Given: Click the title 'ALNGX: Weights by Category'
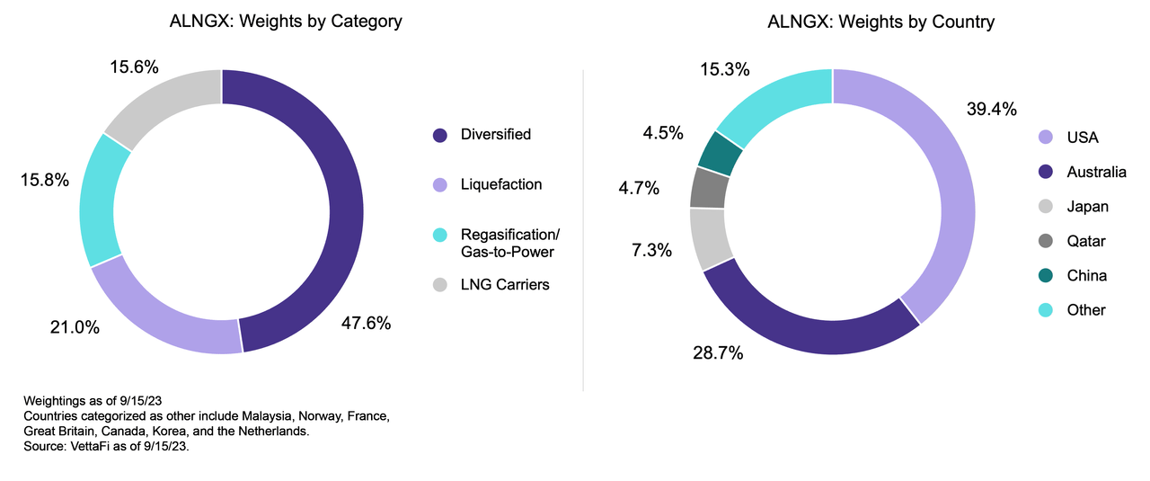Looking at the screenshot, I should tap(286, 22).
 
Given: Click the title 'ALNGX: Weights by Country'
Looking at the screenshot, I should tap(880, 22).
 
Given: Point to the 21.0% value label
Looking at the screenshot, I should tap(74, 327).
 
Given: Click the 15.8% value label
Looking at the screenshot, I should tap(45, 180).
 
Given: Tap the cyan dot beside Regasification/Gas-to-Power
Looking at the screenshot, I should tap(439, 235).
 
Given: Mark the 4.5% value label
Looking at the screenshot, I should tap(662, 132).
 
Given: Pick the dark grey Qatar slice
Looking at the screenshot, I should tap(709, 187).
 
